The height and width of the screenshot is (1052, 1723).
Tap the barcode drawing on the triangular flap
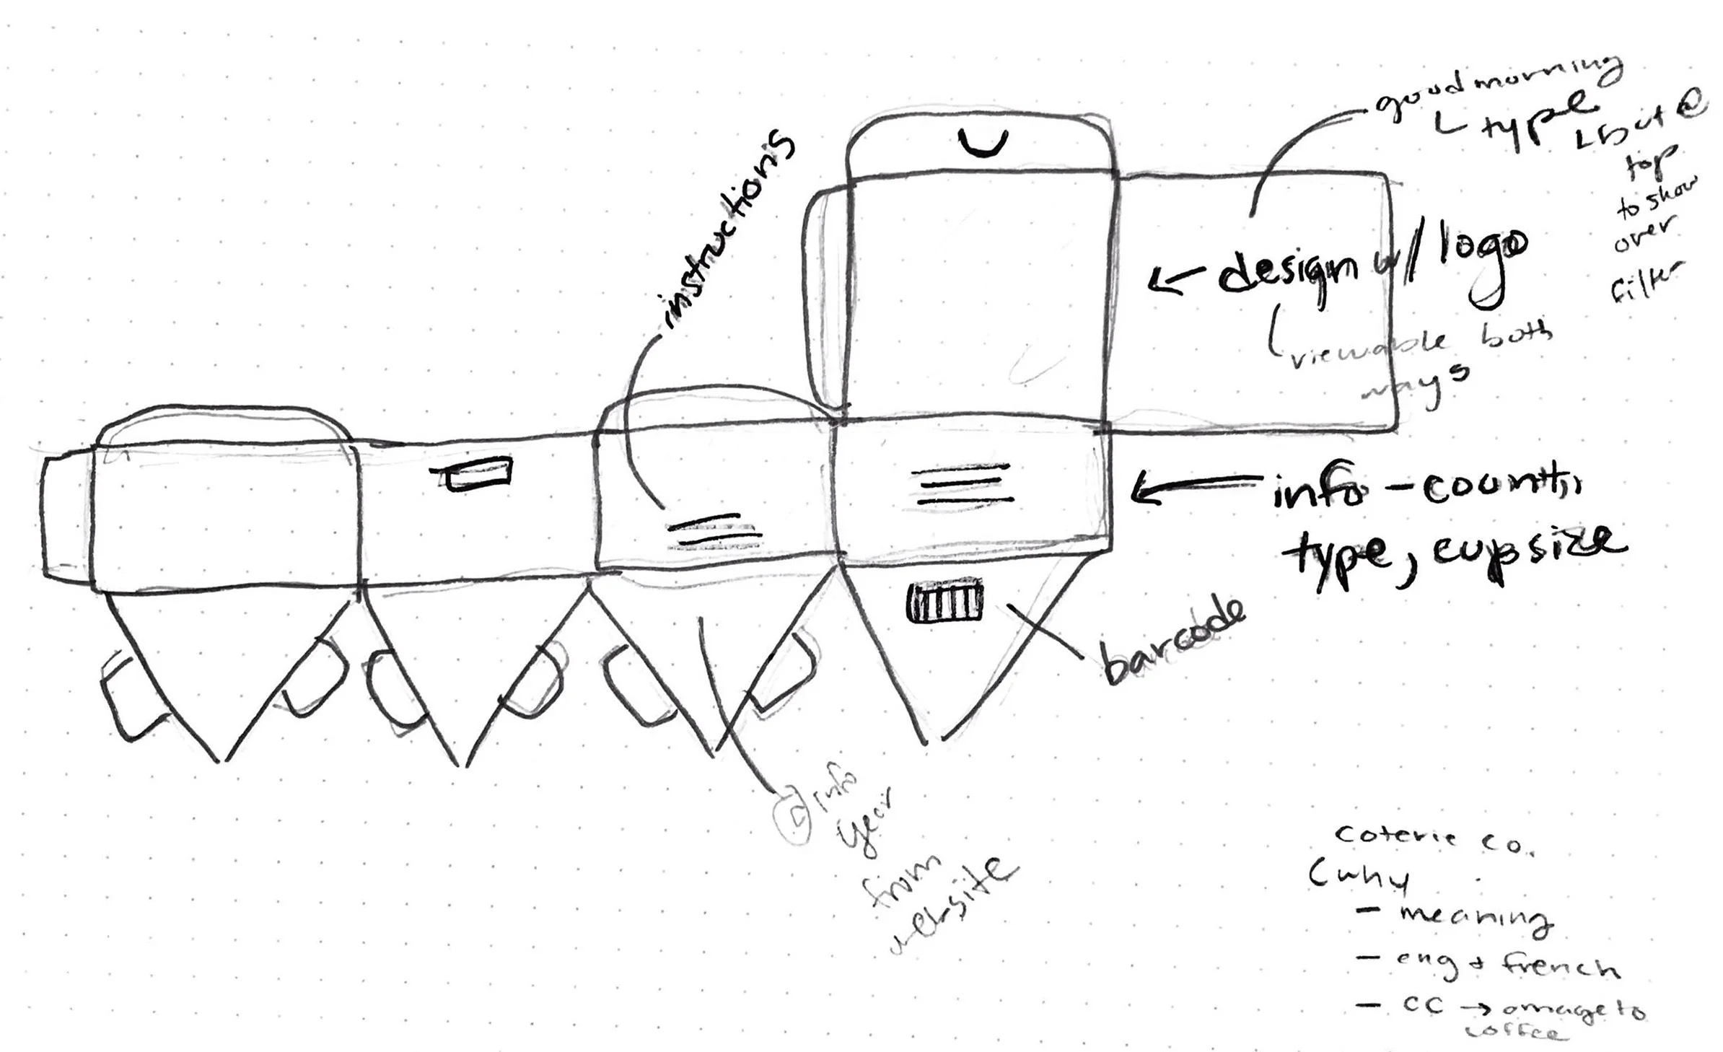[x=944, y=602]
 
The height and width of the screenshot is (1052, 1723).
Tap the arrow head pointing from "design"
[x=1162, y=280]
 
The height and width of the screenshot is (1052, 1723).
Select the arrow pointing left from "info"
[x=1194, y=488]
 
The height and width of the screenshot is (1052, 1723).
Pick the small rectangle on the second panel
[x=478, y=474]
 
